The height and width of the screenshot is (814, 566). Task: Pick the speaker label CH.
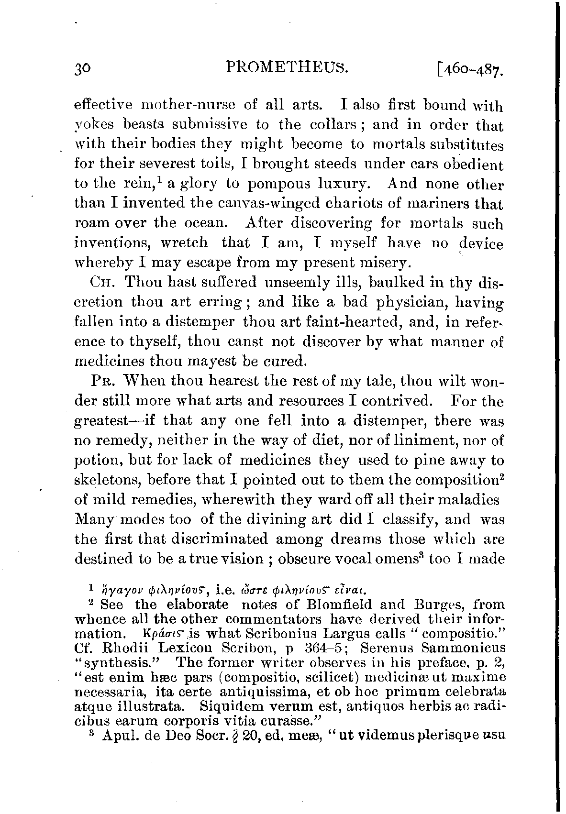pyautogui.click(x=100, y=283)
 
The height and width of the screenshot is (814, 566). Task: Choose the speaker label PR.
pyautogui.click(x=101, y=381)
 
